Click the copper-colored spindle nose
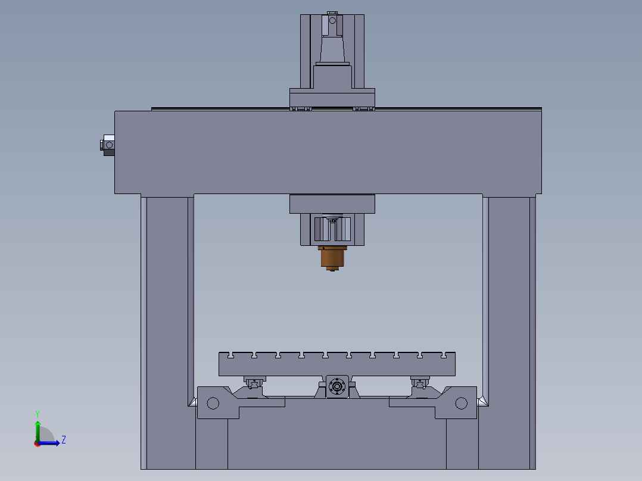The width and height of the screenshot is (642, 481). coord(332,257)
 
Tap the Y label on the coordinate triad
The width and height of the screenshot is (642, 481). coord(38,413)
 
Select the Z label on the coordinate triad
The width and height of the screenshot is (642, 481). coord(63,440)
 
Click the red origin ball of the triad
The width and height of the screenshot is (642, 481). coord(37,443)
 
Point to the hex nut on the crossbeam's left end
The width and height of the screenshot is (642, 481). coord(108,144)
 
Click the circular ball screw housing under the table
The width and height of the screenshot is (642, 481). coord(337,387)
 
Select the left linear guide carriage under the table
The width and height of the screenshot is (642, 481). coord(254,382)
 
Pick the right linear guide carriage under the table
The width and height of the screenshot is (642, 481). coord(420,382)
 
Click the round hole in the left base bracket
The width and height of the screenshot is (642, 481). coord(213,404)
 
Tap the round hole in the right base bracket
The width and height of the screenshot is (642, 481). coord(461,404)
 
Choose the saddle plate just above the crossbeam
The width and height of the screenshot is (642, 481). coord(332,97)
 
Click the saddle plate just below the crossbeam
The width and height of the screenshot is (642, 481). coord(332,204)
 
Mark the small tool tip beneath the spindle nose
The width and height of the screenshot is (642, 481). coord(332,271)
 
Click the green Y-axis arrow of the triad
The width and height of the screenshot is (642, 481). coord(38,429)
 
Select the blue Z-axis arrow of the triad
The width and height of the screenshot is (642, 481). coord(51,443)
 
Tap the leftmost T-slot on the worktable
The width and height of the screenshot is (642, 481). coord(230,355)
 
